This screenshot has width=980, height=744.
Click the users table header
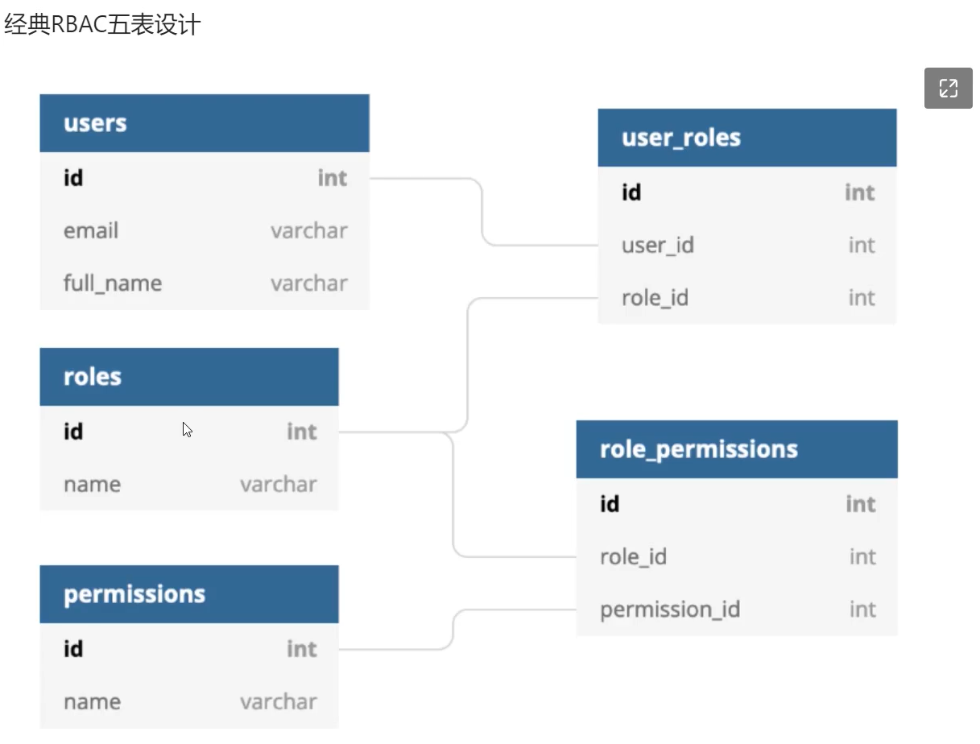[95, 123]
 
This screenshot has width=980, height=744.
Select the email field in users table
[91, 231]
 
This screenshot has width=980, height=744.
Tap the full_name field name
[113, 283]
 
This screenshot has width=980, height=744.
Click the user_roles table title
[680, 138]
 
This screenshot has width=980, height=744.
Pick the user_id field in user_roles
[657, 246]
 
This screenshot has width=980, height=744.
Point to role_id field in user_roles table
[655, 299]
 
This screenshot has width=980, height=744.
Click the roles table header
[93, 377]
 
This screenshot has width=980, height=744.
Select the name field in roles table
[92, 485]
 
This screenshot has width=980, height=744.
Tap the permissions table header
[134, 594]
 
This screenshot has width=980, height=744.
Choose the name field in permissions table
[92, 702]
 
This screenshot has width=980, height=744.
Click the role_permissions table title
[698, 449]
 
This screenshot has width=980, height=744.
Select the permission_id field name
[669, 610]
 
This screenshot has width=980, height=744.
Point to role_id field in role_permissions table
[633, 557]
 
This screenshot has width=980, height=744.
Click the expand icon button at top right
[948, 89]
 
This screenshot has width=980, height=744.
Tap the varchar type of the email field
[309, 231]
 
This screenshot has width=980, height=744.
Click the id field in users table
[73, 178]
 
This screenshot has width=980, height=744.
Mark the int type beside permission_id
[862, 610]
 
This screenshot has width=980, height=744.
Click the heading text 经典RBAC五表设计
[102, 25]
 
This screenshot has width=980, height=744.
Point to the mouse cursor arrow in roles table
[187, 429]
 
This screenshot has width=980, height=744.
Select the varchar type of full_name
[309, 283]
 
